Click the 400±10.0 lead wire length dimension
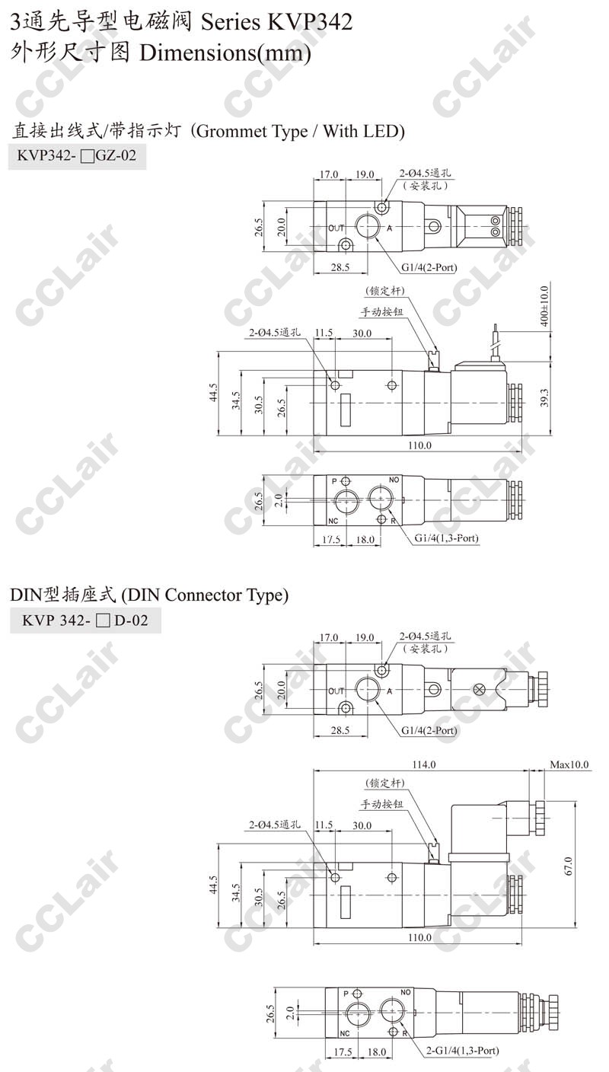[x=545, y=306]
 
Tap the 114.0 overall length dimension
[x=424, y=764]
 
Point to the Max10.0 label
[x=569, y=764]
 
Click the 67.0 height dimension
[x=569, y=866]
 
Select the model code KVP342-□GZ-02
[x=77, y=155]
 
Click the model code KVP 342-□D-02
[x=84, y=621]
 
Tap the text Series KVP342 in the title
[x=276, y=22]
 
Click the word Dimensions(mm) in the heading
[x=225, y=53]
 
